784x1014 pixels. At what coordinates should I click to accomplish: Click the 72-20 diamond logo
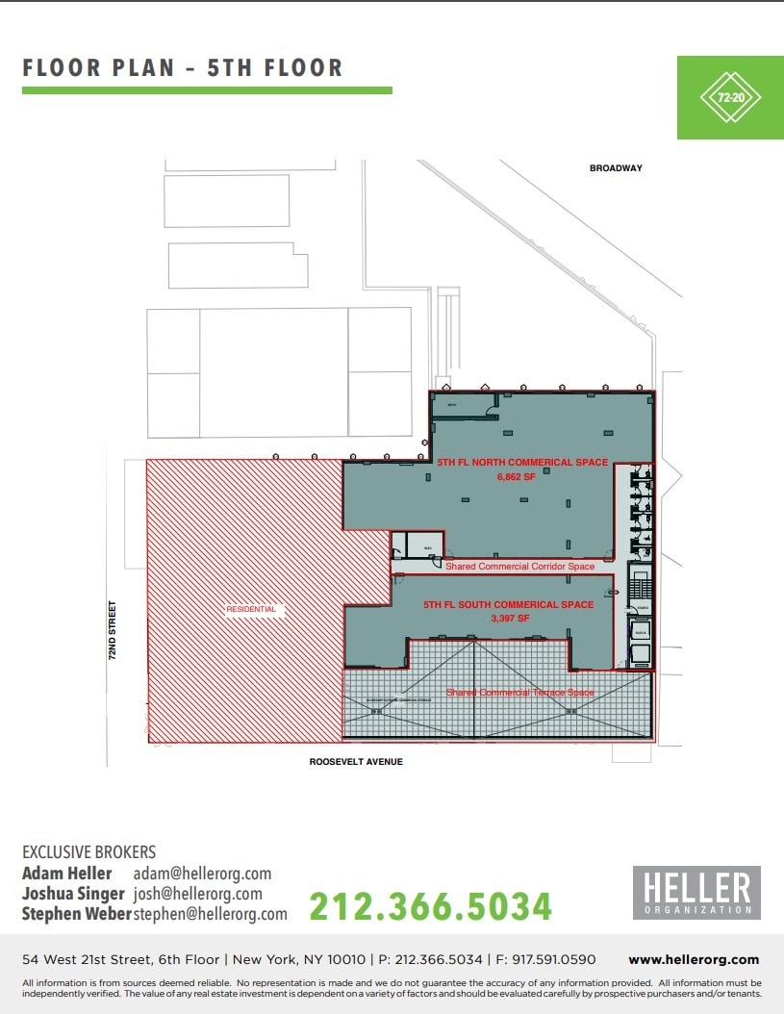tap(730, 97)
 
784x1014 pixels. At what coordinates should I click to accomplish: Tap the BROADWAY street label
tap(616, 168)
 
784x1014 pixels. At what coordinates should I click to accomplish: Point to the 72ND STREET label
tap(113, 630)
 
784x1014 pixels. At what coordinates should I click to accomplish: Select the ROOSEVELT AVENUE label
tap(356, 762)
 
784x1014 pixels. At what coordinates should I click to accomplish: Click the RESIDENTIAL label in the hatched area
tap(251, 609)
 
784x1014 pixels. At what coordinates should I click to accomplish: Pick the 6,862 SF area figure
tap(515, 475)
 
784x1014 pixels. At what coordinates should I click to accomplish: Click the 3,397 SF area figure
tap(511, 619)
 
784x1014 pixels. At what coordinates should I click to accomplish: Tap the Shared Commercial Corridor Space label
tap(519, 567)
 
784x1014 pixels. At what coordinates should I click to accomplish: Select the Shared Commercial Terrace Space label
tap(519, 693)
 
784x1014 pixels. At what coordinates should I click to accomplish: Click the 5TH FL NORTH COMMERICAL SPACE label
tap(522, 463)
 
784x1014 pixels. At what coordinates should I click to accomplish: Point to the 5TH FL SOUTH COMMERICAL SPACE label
tap(509, 605)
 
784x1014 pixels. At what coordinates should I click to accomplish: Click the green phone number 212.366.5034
tap(430, 906)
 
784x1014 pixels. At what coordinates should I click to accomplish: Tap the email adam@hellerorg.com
tap(202, 874)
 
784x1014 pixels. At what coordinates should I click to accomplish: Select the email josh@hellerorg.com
tap(198, 894)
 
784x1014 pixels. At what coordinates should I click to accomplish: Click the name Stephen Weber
tap(75, 914)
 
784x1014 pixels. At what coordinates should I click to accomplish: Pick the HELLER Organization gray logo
tap(695, 892)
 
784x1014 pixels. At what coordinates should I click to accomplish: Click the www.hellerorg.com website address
tap(693, 959)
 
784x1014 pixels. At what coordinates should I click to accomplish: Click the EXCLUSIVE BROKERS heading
tap(89, 852)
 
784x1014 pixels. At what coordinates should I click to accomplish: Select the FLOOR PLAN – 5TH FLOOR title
tap(183, 68)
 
